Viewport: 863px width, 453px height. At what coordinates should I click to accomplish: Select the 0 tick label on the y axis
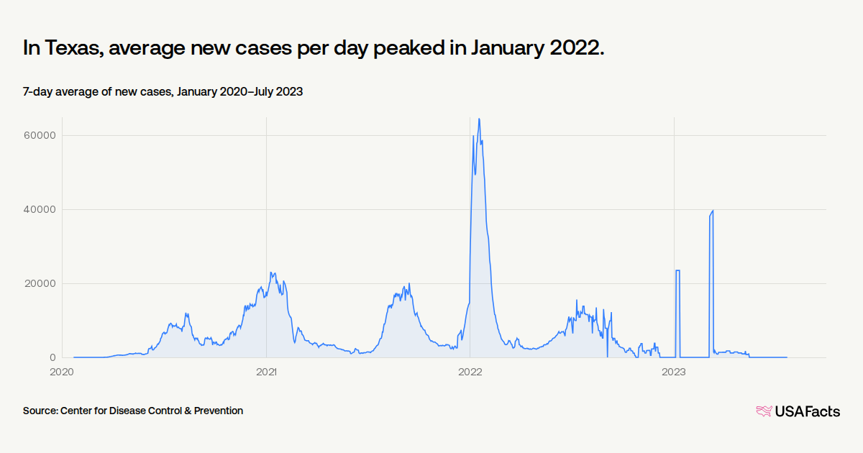click(x=52, y=357)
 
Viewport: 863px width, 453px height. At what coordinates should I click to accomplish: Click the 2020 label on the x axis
click(x=63, y=372)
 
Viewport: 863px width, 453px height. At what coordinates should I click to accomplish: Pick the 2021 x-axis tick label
click(x=266, y=372)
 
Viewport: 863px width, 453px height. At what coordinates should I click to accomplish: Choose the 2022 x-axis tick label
click(x=470, y=372)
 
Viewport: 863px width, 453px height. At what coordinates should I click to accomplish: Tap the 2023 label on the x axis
click(x=674, y=372)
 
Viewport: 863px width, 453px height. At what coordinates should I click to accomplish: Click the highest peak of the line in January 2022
click(x=479, y=119)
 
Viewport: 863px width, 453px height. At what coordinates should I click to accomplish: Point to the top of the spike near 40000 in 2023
click(x=712, y=211)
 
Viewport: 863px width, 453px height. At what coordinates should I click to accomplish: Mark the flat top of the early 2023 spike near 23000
click(x=677, y=270)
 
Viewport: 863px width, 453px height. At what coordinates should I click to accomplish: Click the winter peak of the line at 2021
click(x=271, y=273)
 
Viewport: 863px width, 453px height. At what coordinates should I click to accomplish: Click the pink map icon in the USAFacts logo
click(x=763, y=411)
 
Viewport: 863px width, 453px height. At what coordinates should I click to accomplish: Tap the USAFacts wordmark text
click(x=807, y=411)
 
